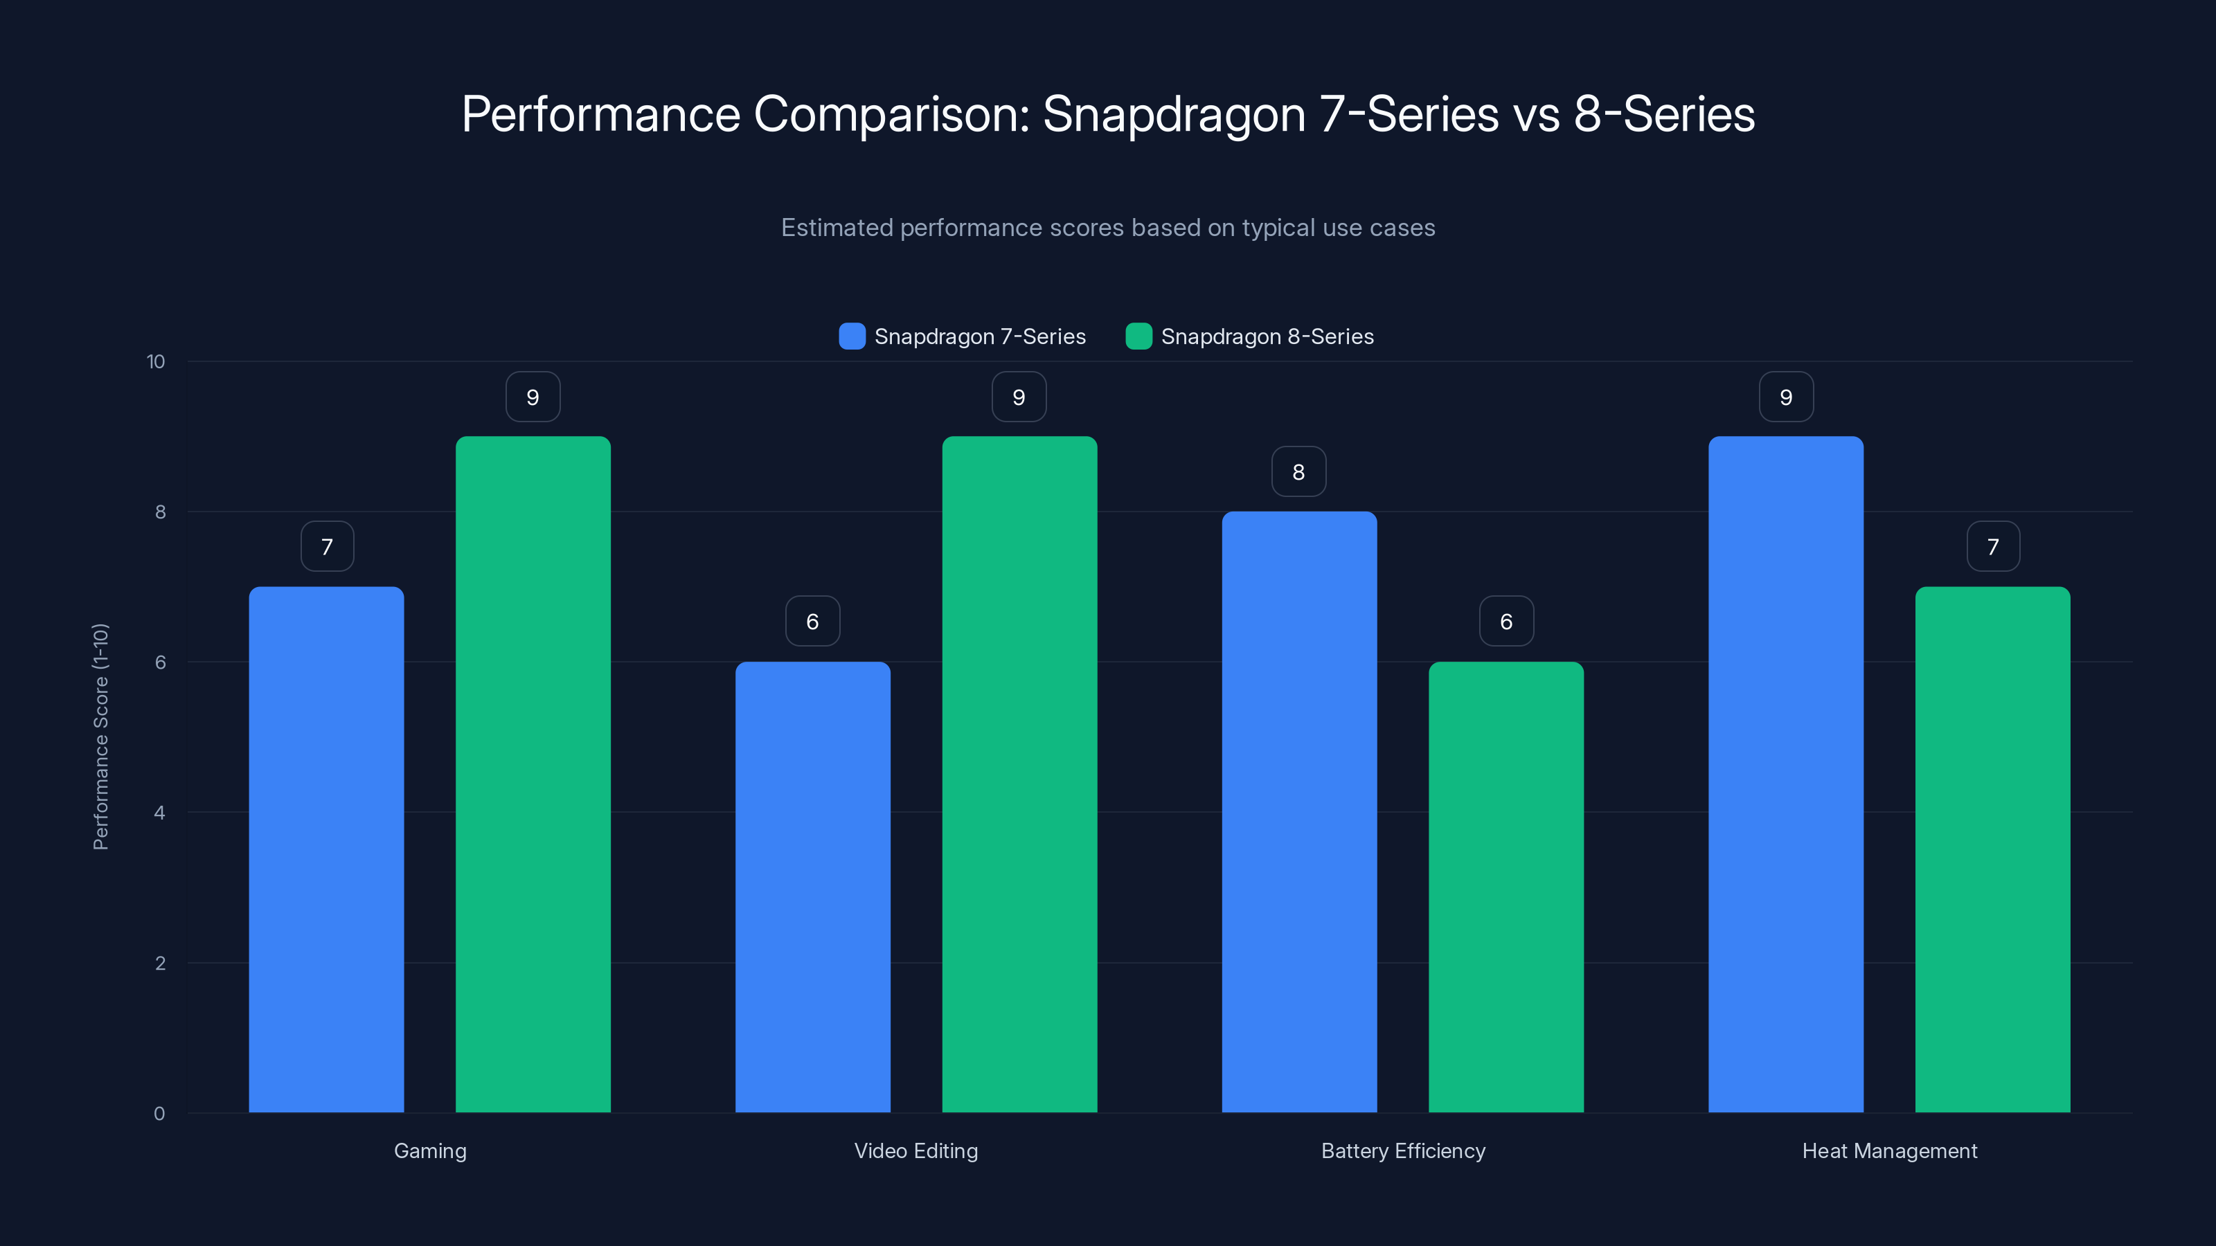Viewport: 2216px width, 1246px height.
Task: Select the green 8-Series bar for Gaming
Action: [533, 774]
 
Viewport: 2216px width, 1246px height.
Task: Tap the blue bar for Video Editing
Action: [812, 887]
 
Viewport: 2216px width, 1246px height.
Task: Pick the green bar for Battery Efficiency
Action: [1505, 887]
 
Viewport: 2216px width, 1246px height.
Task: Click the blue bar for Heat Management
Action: [1786, 774]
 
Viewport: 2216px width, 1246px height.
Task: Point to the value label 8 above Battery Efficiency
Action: [1298, 471]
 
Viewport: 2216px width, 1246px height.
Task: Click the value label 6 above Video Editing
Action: [812, 621]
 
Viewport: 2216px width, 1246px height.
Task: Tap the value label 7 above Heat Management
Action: [1992, 546]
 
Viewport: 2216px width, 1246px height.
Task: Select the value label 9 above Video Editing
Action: [1019, 397]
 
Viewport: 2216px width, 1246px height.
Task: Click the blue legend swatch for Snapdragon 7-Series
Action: [852, 336]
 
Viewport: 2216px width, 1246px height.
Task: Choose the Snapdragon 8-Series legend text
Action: [1267, 336]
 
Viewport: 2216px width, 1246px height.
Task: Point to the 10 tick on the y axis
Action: [156, 361]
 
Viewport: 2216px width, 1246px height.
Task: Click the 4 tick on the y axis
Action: [159, 813]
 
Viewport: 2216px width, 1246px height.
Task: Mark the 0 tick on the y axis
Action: [159, 1114]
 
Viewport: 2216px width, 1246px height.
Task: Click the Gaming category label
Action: [430, 1150]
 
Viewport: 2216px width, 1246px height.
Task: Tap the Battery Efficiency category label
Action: [1403, 1150]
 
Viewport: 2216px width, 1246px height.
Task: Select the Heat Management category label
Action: [1889, 1150]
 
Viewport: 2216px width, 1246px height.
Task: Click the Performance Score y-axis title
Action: [100, 737]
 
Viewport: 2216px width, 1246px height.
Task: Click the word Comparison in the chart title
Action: [891, 114]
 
